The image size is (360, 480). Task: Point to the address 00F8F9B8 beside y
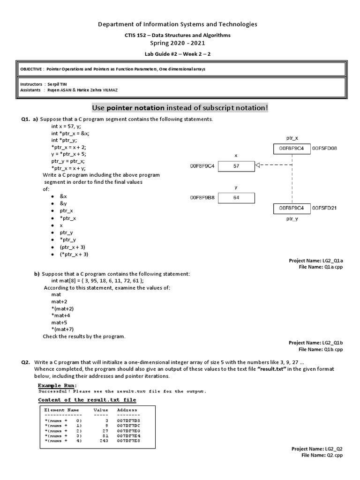(x=202, y=198)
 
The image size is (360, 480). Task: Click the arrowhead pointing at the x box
(x=257, y=165)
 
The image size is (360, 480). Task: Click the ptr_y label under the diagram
(x=292, y=219)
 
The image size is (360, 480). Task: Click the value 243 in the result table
(x=104, y=441)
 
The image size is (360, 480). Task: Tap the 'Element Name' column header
(x=61, y=410)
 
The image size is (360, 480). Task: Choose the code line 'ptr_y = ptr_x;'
(x=68, y=161)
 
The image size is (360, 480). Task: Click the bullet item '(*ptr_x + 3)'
(x=74, y=254)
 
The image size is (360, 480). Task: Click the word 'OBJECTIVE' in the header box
(x=31, y=69)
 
